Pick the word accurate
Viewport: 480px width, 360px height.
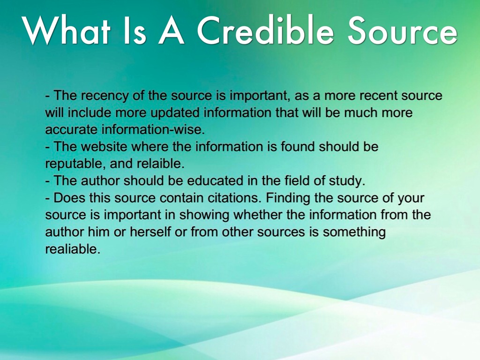tap(71, 130)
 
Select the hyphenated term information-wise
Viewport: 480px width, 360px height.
tap(153, 130)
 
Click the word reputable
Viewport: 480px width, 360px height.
tap(75, 164)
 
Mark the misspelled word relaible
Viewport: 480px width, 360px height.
tap(164, 164)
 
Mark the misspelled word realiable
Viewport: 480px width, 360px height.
tap(72, 249)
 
